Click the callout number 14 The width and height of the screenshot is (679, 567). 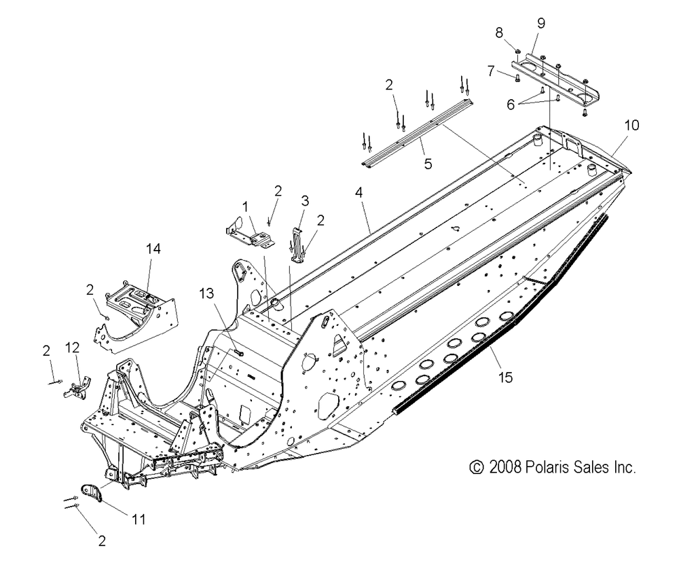click(153, 249)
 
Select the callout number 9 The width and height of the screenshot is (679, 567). click(541, 23)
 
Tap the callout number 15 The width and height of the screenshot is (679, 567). click(505, 378)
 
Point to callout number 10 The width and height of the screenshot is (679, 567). click(631, 125)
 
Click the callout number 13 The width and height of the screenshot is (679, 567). click(206, 293)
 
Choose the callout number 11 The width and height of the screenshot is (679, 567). click(139, 519)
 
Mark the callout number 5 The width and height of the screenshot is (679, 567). click(428, 164)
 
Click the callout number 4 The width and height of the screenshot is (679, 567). click(359, 192)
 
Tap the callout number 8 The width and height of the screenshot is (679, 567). click(499, 33)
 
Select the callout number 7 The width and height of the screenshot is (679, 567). click(491, 70)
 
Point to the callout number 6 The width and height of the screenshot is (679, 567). click(511, 105)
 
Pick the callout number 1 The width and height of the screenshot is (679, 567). click(246, 207)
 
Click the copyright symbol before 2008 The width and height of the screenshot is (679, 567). click(477, 467)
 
